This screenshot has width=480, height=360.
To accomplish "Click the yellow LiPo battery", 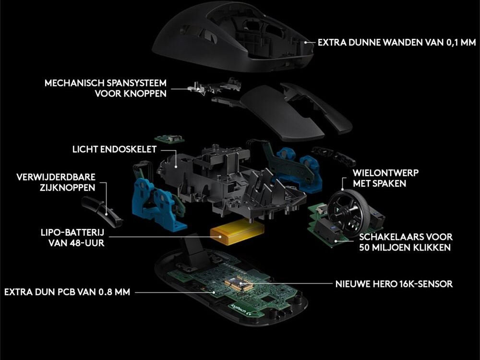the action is click(237, 232).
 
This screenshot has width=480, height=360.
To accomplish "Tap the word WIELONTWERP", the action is click(385, 173).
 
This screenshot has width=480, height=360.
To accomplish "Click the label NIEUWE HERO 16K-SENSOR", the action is click(394, 284).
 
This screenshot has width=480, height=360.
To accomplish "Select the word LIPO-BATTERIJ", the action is click(72, 232).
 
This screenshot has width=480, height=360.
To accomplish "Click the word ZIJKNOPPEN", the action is click(67, 188).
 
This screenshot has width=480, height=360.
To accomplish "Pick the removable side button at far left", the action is click(102, 212).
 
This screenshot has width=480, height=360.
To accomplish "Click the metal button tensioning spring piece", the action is click(214, 86).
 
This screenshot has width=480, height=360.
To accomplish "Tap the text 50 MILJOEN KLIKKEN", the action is click(405, 248).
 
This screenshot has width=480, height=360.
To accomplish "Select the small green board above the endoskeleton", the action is click(169, 138).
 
